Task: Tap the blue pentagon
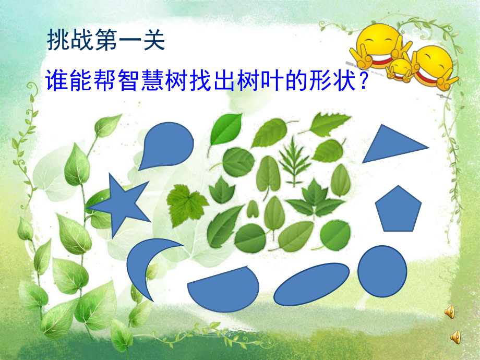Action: click(x=399, y=209)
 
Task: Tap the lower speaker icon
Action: click(x=455, y=337)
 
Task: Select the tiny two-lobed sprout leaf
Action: click(x=253, y=209)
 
